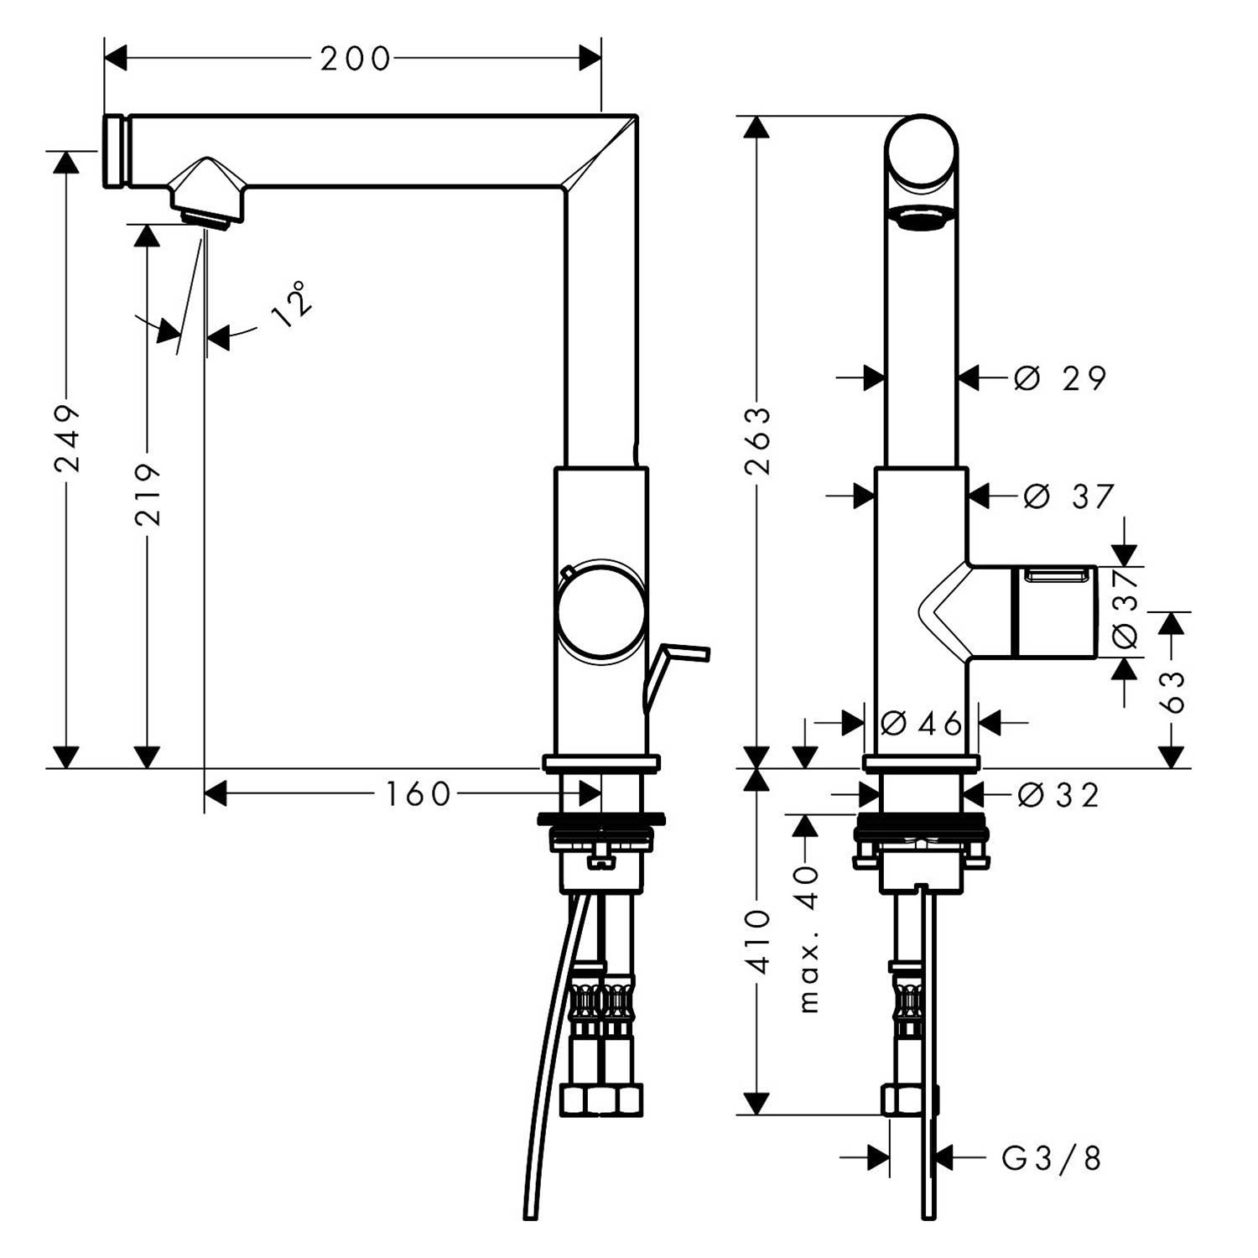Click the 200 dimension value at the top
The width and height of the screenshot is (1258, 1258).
click(356, 59)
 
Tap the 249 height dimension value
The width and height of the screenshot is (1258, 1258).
click(68, 438)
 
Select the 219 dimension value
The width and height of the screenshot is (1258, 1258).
click(148, 495)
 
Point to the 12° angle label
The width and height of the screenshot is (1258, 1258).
click(292, 304)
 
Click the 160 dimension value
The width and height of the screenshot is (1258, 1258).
click(418, 793)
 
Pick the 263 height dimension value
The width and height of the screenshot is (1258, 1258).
click(759, 440)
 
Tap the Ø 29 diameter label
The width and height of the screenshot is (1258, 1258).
click(1060, 378)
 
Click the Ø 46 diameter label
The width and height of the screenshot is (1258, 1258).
click(922, 722)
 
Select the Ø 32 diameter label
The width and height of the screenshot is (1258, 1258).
click(1058, 794)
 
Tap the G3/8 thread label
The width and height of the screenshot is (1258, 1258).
click(1052, 1159)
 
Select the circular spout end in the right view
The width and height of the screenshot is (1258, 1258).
click(922, 152)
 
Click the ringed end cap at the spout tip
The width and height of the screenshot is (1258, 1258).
click(115, 150)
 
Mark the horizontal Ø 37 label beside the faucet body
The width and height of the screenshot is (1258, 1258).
click(1069, 496)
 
